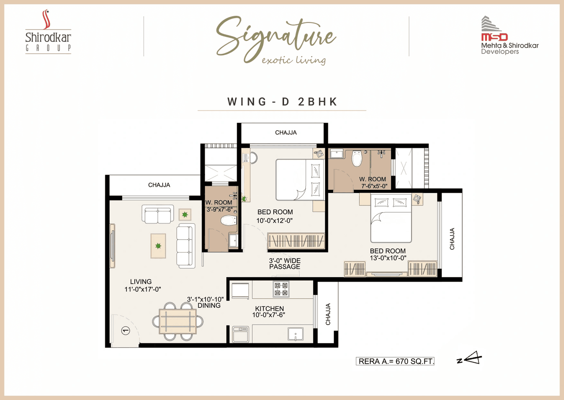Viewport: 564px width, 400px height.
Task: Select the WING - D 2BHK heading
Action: [282, 102]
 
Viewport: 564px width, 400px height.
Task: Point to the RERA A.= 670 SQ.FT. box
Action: [395, 361]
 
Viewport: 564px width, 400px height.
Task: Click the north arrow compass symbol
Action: [471, 359]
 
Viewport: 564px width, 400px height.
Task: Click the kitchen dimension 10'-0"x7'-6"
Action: [269, 315]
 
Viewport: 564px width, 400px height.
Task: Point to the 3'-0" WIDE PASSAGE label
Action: [285, 264]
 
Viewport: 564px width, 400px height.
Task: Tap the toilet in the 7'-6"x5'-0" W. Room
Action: [357, 158]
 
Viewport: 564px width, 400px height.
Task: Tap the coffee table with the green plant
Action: [158, 245]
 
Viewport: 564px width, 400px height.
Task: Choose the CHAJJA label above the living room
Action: [159, 185]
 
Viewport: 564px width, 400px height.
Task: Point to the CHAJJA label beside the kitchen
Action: [328, 314]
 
